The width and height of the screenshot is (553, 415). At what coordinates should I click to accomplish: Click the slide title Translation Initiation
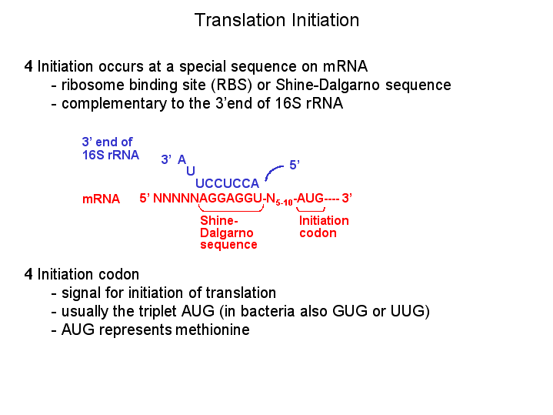277,20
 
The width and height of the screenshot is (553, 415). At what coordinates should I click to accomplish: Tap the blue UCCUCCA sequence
227,183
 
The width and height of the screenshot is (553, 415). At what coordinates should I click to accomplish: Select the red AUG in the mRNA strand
311,198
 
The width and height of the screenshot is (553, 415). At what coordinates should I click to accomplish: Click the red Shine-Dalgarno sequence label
228,233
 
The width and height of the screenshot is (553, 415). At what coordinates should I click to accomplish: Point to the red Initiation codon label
324,226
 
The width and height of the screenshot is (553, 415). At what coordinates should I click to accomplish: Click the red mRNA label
101,199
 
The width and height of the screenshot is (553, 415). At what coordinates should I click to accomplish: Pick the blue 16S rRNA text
111,155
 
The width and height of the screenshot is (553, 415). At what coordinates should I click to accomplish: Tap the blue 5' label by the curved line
295,165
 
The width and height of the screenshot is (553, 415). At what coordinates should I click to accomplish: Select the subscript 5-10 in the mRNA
285,202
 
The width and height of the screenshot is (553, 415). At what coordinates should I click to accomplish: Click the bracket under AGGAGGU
231,209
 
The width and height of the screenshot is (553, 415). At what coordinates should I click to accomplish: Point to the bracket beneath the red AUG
311,210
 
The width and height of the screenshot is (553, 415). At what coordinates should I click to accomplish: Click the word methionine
212,330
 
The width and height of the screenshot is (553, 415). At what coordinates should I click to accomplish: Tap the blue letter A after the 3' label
182,159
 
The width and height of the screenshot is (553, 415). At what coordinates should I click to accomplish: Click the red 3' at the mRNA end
347,198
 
